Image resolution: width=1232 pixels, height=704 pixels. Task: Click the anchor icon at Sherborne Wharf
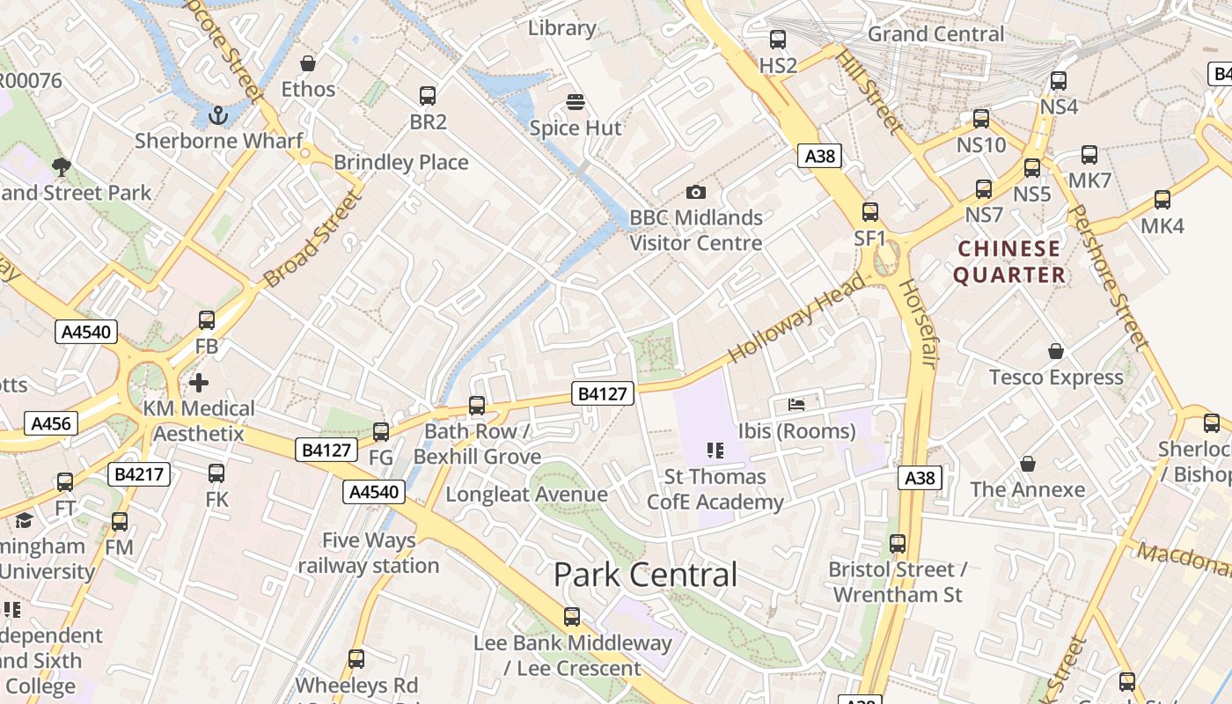[x=217, y=114]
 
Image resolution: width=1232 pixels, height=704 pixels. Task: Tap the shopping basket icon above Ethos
[x=308, y=63]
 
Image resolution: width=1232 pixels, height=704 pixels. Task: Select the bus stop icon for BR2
[x=428, y=96]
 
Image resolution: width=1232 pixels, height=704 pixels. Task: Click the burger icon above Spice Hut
[x=576, y=102]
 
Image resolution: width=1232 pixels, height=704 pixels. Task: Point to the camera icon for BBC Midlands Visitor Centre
[x=695, y=192]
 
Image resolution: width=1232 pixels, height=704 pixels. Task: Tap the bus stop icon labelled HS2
[x=778, y=40]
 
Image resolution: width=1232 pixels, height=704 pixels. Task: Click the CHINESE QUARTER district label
[x=1009, y=261]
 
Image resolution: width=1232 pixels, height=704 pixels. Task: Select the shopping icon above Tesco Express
[x=1056, y=351]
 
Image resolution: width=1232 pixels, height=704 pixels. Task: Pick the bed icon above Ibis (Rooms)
[x=796, y=405]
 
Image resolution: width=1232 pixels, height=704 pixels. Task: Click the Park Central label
[x=645, y=575]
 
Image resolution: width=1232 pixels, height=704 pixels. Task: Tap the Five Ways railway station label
[x=368, y=553]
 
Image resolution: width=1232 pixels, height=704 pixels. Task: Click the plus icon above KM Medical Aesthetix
[x=199, y=383]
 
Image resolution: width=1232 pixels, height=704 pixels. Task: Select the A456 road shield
[x=50, y=423]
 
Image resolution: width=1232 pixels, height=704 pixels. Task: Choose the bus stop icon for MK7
[x=1089, y=155]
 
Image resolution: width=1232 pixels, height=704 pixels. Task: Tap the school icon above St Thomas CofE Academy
[x=715, y=451]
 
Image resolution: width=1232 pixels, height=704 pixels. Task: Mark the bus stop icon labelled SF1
[x=870, y=212]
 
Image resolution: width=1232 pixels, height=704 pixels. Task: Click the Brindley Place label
[x=400, y=162]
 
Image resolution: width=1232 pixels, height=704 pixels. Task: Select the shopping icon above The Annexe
[x=1027, y=464]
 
